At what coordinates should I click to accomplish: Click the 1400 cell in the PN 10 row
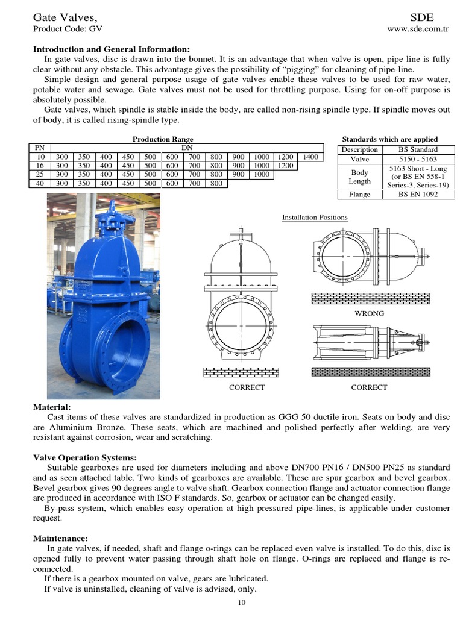[310, 157]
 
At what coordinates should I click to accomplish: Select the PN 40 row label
[40, 184]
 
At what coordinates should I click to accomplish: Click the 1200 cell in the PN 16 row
[286, 166]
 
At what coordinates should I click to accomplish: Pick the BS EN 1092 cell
[418, 195]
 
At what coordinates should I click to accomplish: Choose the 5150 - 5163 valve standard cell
[418, 159]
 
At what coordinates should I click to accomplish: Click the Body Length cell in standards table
[359, 177]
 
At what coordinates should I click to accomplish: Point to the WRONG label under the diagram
[370, 313]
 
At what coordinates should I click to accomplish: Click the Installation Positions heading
[315, 218]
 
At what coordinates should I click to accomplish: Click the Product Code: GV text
[68, 28]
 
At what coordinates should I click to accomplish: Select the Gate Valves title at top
[65, 16]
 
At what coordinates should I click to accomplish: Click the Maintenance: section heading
[60, 537]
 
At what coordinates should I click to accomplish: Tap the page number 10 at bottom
[241, 602]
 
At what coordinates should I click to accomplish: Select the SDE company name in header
[421, 16]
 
